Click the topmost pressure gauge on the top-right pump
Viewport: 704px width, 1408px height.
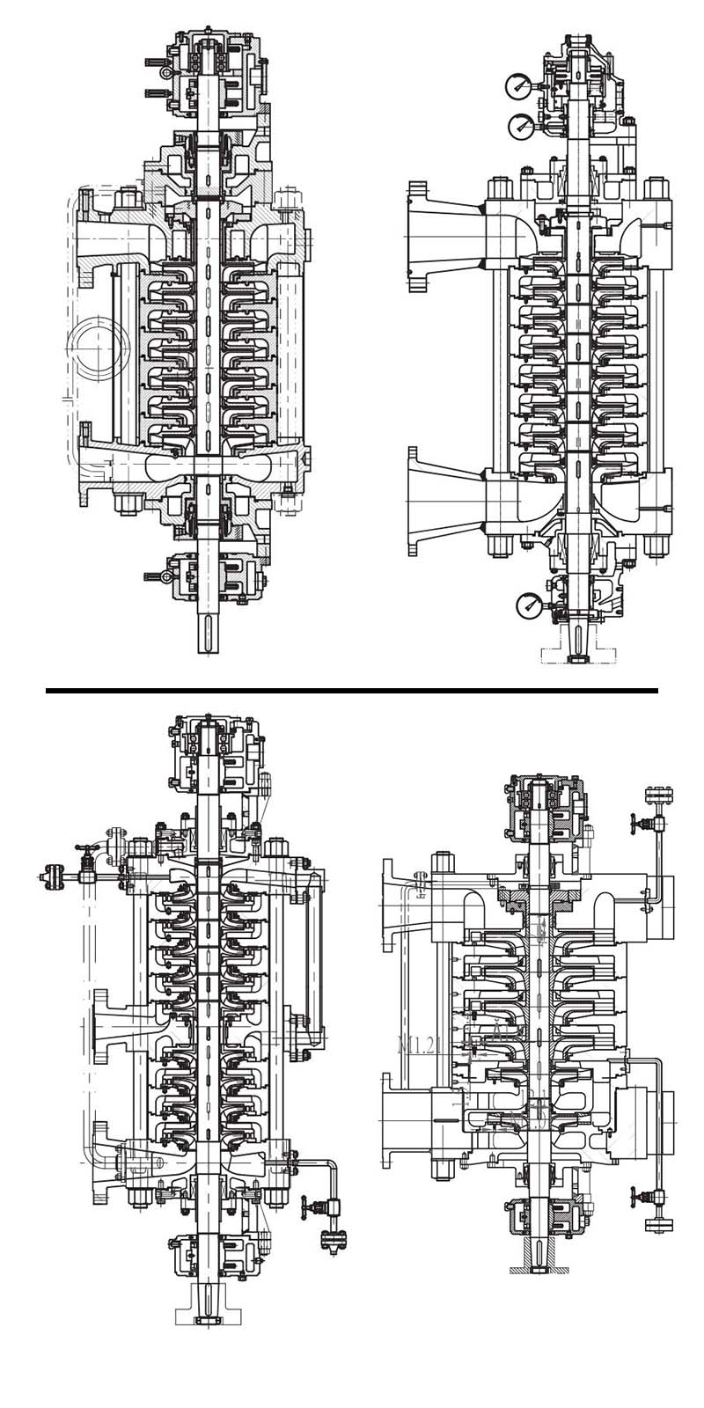point(518,86)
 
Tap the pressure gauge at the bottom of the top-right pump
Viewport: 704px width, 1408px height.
point(529,604)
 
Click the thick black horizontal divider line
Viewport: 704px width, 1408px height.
point(352,691)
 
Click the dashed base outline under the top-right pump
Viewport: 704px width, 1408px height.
point(576,656)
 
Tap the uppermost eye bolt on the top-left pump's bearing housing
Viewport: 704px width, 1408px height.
point(155,62)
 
